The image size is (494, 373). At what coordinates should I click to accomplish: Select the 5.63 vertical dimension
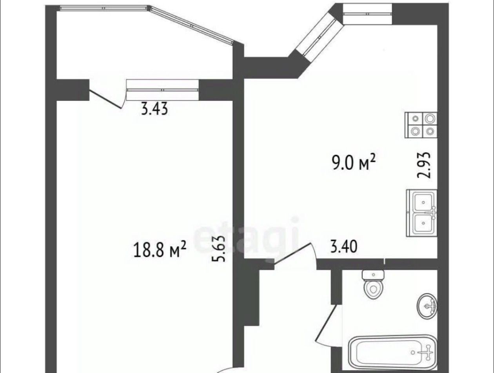[x=218, y=249]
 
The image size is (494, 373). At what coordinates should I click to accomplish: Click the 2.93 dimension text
[x=424, y=166]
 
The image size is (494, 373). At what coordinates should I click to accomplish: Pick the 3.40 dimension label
[x=344, y=247]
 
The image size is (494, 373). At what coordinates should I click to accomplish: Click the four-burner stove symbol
[x=421, y=125]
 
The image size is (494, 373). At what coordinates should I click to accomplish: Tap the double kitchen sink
[x=421, y=213]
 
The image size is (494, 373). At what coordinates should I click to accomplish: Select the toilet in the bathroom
[x=373, y=284]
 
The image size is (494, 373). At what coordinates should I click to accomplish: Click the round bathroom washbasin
[x=427, y=306]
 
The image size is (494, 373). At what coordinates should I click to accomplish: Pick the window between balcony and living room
[x=162, y=89]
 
